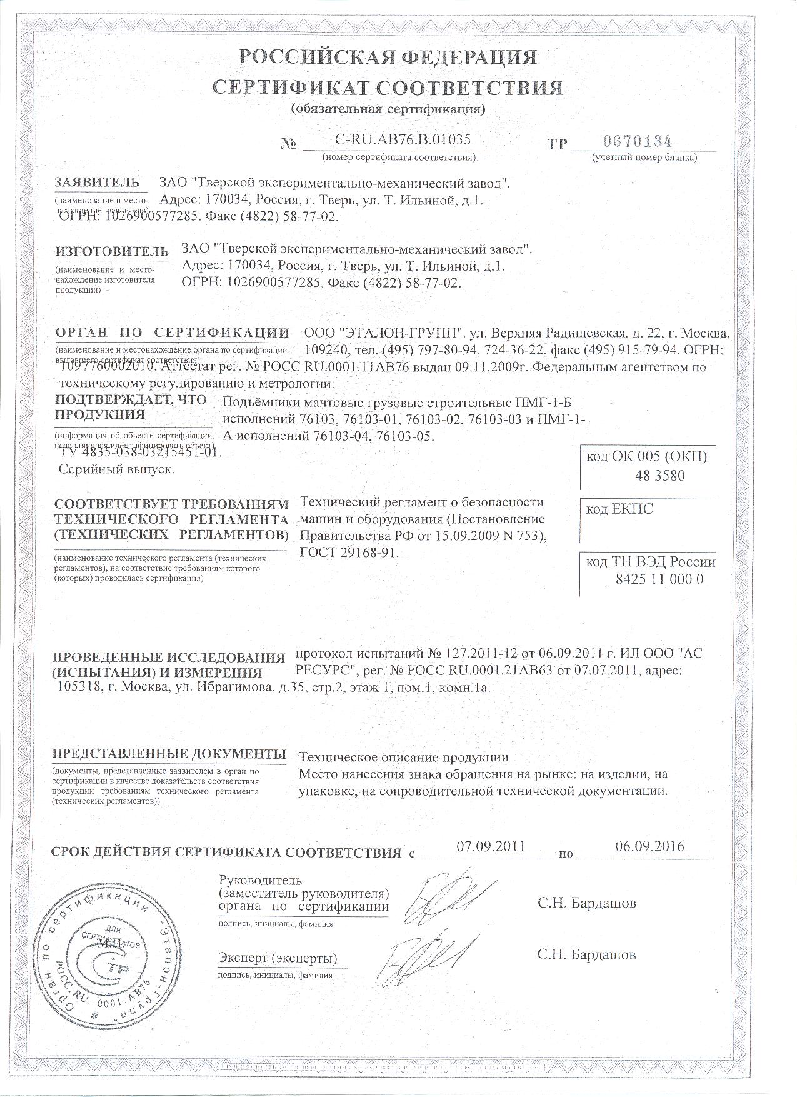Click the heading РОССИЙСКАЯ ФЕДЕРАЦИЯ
(388, 57)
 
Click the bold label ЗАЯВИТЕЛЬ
(97, 183)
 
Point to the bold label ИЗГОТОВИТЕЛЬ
(112, 251)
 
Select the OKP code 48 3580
(659, 476)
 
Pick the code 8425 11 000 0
(659, 579)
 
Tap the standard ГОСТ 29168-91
(349, 553)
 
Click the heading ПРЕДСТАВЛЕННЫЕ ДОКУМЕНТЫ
(169, 753)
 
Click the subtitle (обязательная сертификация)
(388, 109)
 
